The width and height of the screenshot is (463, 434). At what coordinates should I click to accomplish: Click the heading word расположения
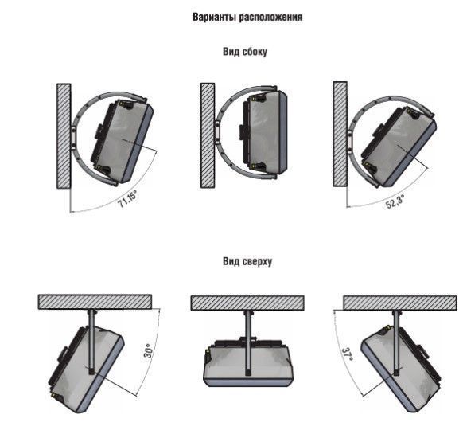(x=270, y=18)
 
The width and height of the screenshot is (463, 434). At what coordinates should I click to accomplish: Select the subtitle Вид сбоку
(x=245, y=52)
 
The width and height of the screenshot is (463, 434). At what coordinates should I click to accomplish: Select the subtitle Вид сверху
(x=247, y=261)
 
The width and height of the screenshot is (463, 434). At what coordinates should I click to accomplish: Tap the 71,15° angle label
(x=128, y=199)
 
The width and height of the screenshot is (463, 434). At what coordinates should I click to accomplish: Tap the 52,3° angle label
(x=395, y=201)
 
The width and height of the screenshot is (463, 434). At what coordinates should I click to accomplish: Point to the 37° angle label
(x=347, y=354)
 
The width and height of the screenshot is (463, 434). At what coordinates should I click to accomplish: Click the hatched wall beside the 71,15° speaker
(x=64, y=136)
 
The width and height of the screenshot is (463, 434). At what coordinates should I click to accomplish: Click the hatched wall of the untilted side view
(x=208, y=135)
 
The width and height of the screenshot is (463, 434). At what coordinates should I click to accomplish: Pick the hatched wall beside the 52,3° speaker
(x=340, y=134)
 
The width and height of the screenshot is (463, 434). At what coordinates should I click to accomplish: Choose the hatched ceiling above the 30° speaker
(x=95, y=302)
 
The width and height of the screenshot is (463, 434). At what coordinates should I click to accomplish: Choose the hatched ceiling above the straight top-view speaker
(x=247, y=303)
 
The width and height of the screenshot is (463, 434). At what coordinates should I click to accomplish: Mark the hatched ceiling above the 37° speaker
(x=400, y=303)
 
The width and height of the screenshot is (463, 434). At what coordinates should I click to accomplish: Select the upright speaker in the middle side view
(x=263, y=132)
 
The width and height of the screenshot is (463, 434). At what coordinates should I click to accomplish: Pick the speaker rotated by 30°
(x=86, y=369)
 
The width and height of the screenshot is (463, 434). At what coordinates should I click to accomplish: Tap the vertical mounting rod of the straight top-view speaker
(x=247, y=343)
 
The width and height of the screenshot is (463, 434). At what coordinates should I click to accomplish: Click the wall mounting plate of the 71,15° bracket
(x=73, y=137)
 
